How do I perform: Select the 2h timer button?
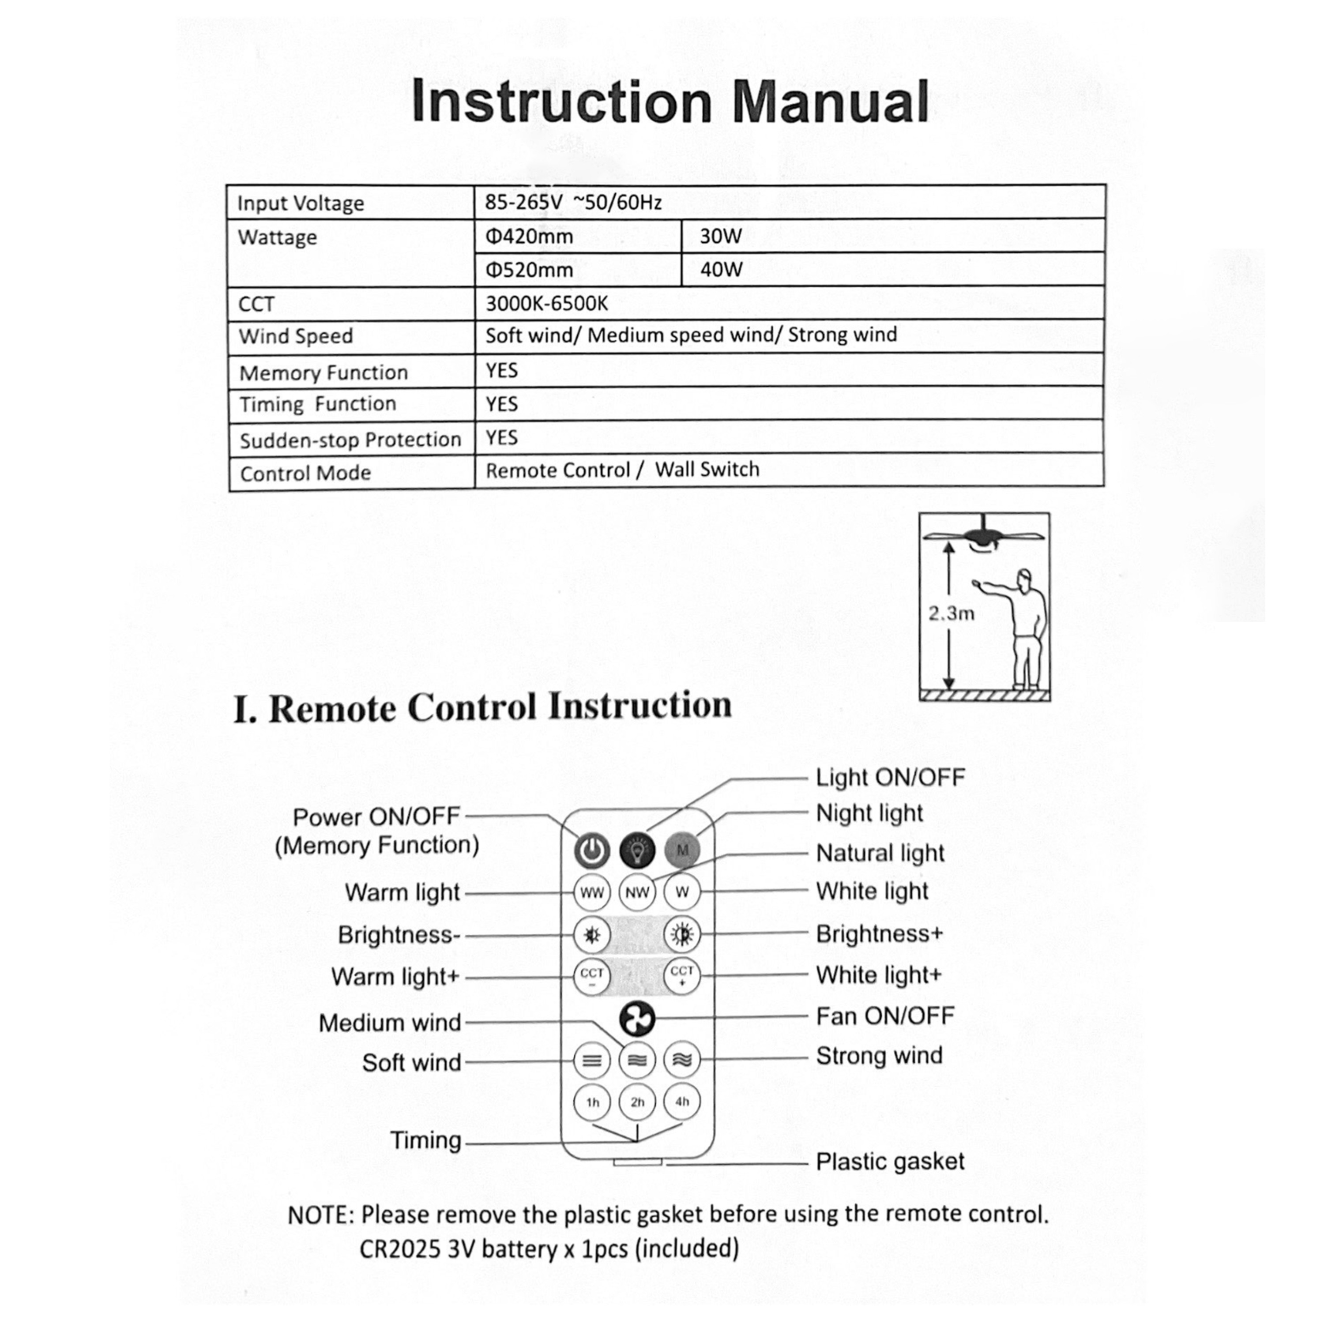point(637,1102)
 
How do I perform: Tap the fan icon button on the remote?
point(637,1019)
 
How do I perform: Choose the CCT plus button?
point(682,976)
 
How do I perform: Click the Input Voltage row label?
point(300,203)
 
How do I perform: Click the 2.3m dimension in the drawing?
point(951,613)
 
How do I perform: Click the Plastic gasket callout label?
point(890,1161)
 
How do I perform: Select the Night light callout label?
point(869,813)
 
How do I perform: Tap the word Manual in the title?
point(830,103)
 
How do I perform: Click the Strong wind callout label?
point(879,1055)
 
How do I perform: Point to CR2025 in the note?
point(399,1249)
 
